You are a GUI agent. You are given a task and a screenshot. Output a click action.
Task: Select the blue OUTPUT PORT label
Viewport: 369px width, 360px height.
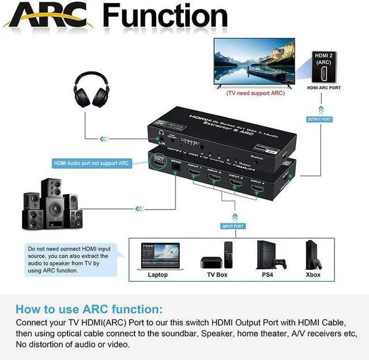coord(318,119)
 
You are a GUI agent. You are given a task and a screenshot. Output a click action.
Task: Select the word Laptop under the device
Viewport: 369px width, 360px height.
coord(157,275)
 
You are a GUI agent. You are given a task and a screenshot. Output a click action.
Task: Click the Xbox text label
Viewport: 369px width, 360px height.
coord(313,275)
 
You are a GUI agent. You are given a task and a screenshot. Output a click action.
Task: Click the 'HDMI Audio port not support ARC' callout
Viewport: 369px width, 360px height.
coord(91,163)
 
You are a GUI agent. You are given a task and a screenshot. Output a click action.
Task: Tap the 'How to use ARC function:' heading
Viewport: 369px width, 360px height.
coord(89,309)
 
